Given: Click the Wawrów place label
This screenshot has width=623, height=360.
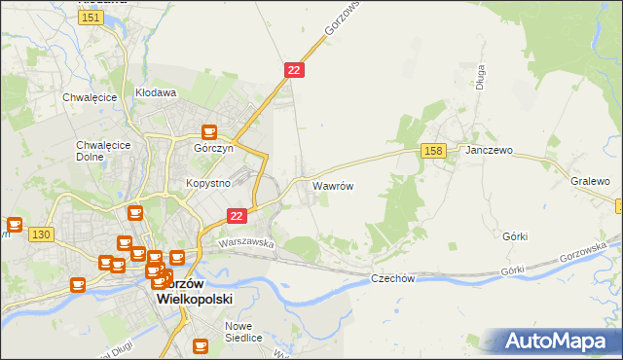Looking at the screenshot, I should [332, 184].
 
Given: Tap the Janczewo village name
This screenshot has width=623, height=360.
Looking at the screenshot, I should [489, 152].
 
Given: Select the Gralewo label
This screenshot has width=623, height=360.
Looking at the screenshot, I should [590, 182].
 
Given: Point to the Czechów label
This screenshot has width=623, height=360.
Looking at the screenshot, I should [393, 278].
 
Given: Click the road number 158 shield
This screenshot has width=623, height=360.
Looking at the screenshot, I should [434, 150].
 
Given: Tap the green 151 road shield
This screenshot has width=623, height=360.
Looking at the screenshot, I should [92, 18].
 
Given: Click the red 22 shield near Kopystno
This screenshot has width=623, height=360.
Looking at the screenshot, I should [237, 215].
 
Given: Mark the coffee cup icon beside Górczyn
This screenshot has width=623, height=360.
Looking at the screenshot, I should [208, 132].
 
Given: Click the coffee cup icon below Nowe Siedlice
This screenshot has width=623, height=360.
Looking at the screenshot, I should [201, 344].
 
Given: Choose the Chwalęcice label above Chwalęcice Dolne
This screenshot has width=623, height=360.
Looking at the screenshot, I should [90, 97].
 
